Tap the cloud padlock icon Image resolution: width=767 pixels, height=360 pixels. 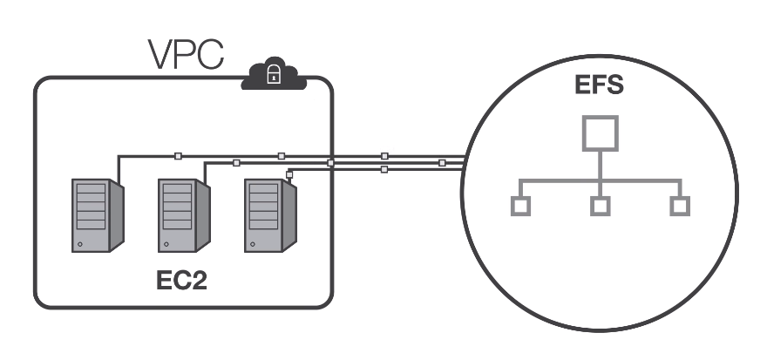[273, 76]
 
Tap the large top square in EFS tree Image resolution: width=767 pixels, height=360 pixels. [600, 132]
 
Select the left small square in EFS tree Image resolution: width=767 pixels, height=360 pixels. [519, 207]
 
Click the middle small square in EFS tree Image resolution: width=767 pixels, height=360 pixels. [600, 207]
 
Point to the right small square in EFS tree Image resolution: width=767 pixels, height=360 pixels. [680, 207]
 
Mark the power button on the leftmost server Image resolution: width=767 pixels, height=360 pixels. [80, 245]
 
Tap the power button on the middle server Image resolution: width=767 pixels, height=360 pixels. [166, 245]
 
